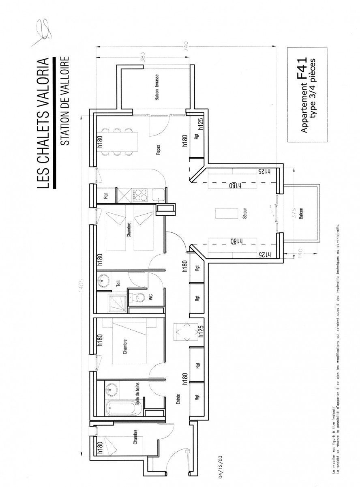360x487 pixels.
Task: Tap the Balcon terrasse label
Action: tap(156, 87)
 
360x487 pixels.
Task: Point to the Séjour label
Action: tap(244, 214)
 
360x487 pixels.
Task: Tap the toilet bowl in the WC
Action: tap(137, 298)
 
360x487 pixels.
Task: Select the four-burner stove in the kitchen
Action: tap(140, 195)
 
